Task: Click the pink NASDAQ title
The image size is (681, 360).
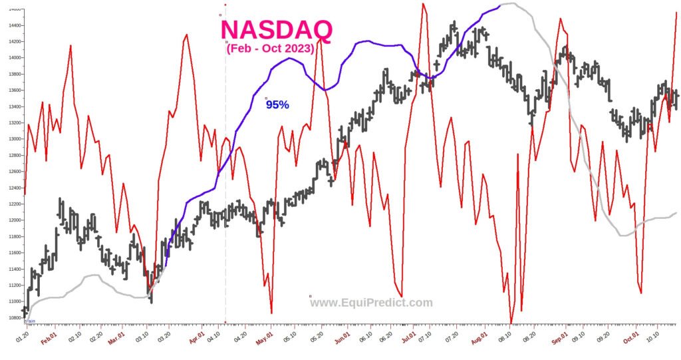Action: pos(276,29)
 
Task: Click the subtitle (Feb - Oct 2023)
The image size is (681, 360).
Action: pos(270,49)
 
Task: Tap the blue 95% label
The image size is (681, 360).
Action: pos(277,104)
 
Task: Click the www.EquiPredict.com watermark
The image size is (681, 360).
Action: pos(371,303)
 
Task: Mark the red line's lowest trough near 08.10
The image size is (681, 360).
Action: pos(511,322)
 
